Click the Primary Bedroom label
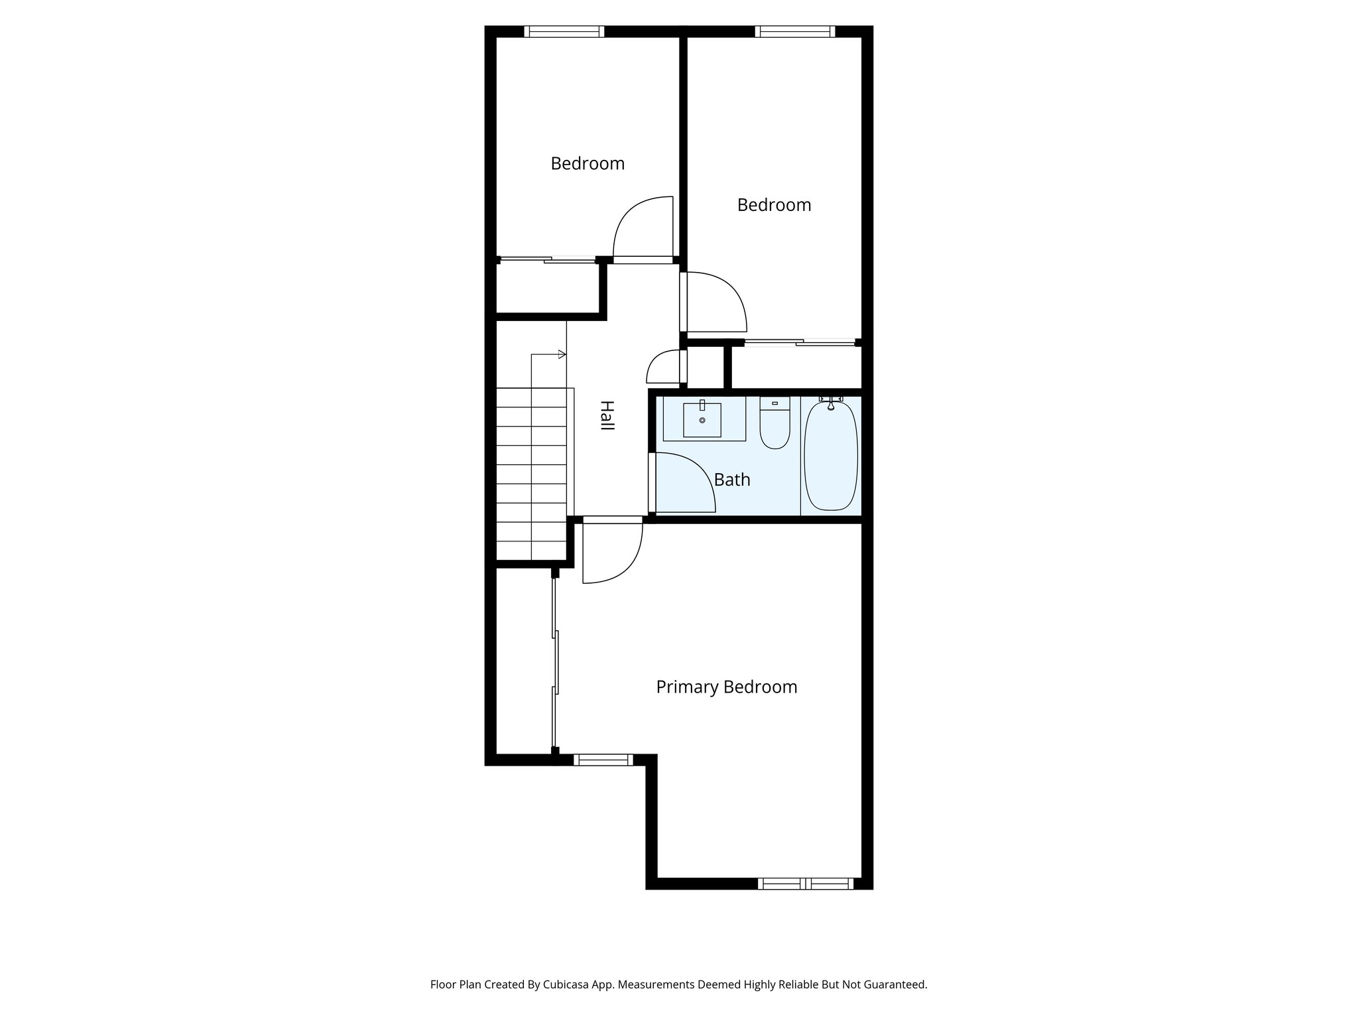[726, 687]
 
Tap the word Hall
[606, 415]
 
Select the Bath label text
[732, 479]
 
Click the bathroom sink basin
[702, 420]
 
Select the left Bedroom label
[587, 163]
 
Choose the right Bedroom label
[774, 205]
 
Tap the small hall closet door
[665, 367]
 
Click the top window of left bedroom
[564, 31]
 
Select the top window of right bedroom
[794, 31]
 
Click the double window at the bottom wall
[805, 884]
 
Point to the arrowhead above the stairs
[562, 354]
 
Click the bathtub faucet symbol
[830, 400]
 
